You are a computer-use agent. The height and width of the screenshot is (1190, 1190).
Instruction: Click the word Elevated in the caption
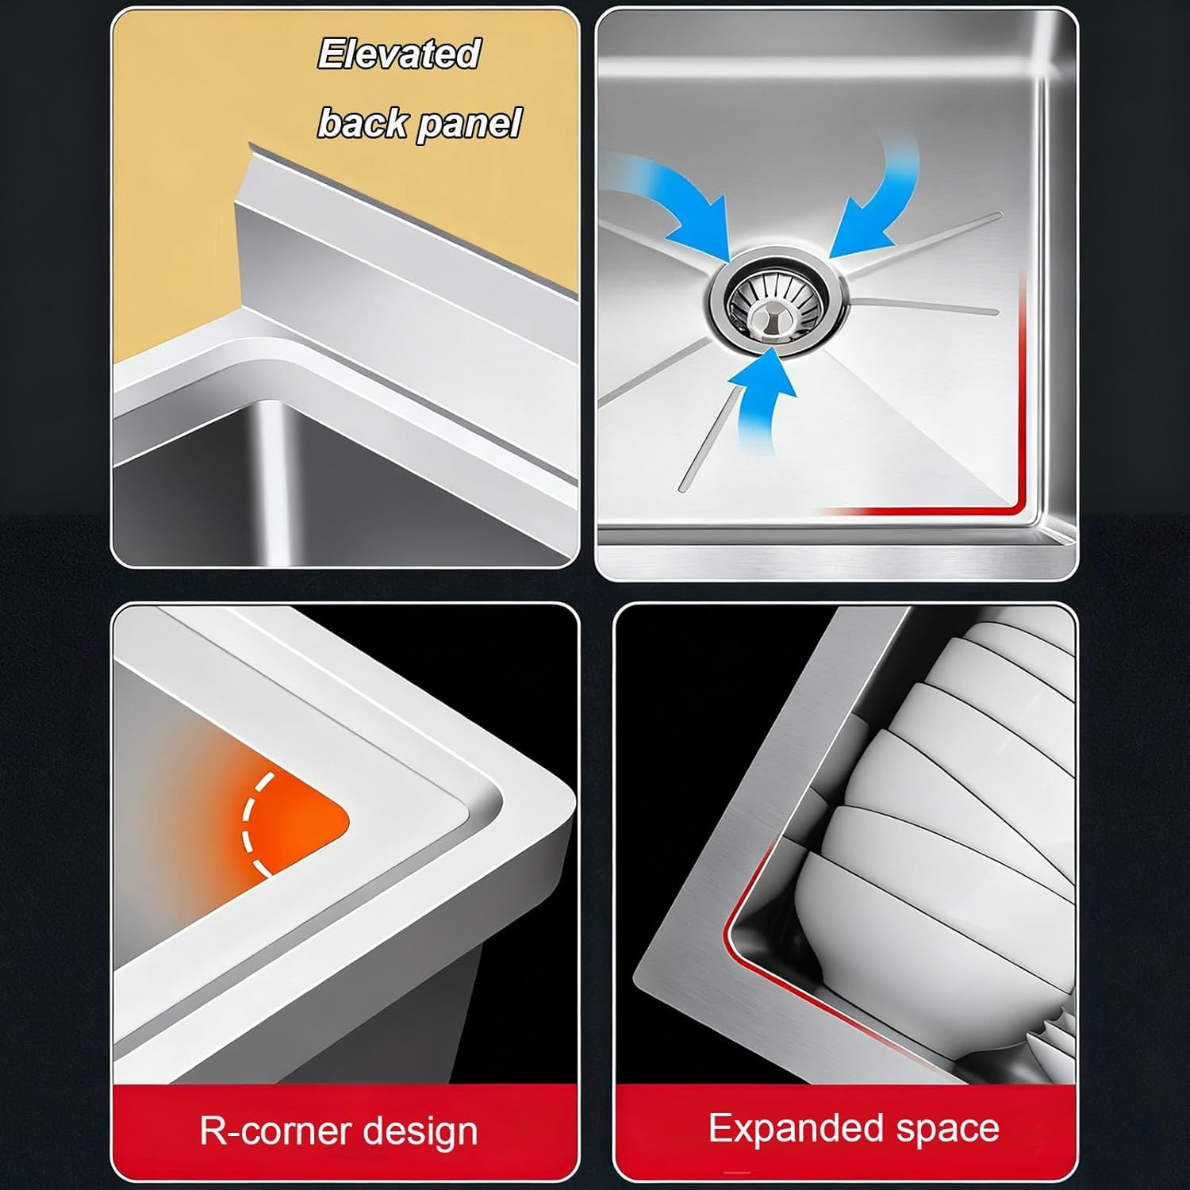click(x=399, y=55)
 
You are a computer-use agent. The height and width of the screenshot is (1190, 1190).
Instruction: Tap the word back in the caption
click(x=363, y=123)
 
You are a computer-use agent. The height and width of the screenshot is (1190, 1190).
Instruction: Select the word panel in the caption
click(x=469, y=125)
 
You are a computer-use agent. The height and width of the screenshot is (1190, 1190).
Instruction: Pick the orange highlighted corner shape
click(x=294, y=825)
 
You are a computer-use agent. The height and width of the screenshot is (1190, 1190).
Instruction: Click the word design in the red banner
click(x=419, y=1132)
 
